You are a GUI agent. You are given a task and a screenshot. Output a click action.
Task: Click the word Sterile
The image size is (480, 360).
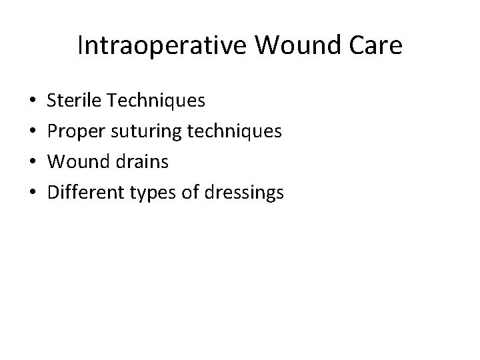pyautogui.click(x=71, y=101)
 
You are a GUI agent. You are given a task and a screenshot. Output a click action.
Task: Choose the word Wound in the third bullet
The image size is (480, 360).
pyautogui.click(x=75, y=162)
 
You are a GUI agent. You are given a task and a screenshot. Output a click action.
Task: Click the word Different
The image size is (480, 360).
pyautogui.click(x=82, y=193)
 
